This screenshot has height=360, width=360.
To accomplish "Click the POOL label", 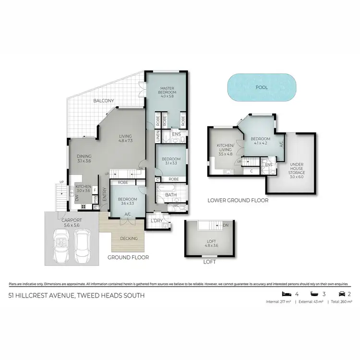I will (262, 88).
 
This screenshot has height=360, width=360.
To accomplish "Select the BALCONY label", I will (104, 100).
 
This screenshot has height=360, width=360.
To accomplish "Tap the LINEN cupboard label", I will (157, 136).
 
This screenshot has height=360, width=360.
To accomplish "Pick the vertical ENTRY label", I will (104, 192).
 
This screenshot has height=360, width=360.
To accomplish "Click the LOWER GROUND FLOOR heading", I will (238, 200).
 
